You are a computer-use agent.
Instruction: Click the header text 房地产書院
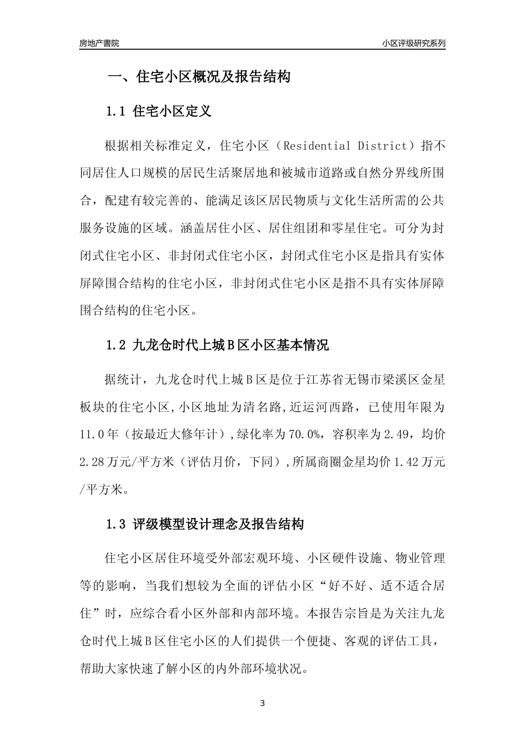click(99, 43)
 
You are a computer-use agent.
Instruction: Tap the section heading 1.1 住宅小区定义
click(159, 112)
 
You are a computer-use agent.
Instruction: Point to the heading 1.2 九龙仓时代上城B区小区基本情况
click(217, 346)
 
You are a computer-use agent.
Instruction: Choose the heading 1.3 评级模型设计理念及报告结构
click(204, 524)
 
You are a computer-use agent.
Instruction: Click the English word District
click(382, 146)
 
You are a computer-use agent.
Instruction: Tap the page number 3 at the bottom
click(262, 703)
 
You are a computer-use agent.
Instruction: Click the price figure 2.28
click(93, 462)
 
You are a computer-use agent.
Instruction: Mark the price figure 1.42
click(406, 462)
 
